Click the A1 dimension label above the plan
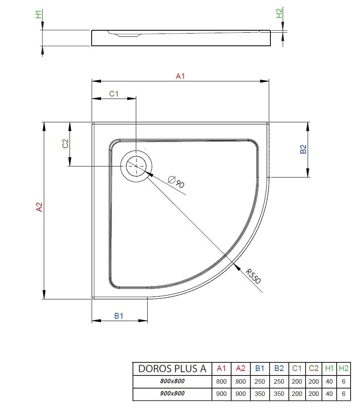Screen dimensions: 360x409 pyautogui.click(x=180, y=76)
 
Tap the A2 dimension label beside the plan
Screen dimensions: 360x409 pyautogui.click(x=39, y=207)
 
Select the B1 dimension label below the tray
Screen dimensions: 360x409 pyautogui.click(x=119, y=316)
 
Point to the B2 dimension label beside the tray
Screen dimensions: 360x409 pyautogui.click(x=303, y=149)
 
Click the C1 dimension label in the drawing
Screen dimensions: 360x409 pyautogui.click(x=114, y=94)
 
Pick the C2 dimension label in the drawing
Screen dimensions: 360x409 pyautogui.click(x=65, y=144)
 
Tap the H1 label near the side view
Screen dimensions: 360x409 pyautogui.click(x=38, y=14)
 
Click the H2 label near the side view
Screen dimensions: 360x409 pyautogui.click(x=279, y=13)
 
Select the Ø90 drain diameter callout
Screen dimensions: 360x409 pyautogui.click(x=176, y=182)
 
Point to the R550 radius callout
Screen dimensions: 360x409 pyautogui.click(x=253, y=276)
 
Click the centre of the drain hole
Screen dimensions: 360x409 pyautogui.click(x=136, y=166)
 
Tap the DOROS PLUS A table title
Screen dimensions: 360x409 pyautogui.click(x=172, y=369)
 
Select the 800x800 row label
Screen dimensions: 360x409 pyautogui.click(x=172, y=381)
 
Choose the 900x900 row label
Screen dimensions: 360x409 pyautogui.click(x=172, y=393)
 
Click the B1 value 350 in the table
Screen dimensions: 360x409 pyautogui.click(x=259, y=393)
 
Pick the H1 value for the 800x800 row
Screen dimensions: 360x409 pyautogui.click(x=329, y=381)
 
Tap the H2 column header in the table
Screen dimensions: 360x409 pyautogui.click(x=344, y=368)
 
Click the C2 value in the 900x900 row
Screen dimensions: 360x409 pyautogui.click(x=313, y=393)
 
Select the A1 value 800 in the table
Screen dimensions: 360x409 pyautogui.click(x=221, y=381)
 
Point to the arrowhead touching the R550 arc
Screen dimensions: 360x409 pyautogui.click(x=236, y=267)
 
